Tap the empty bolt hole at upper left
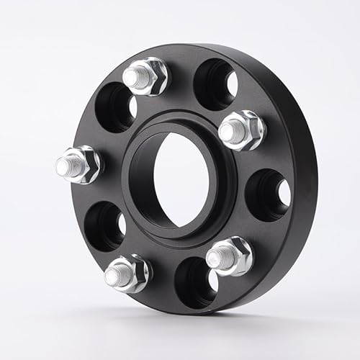(115, 107)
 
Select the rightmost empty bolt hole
(268, 194)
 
